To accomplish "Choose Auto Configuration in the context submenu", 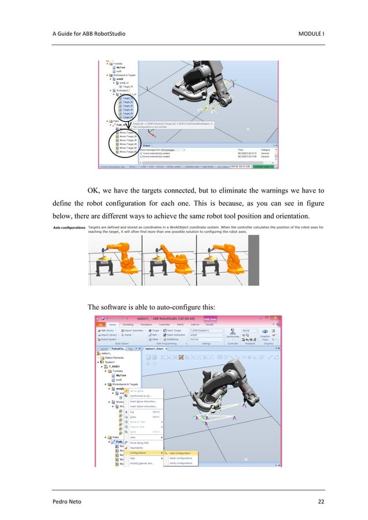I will pos(179,453).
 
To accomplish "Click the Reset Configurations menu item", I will pos(181,458).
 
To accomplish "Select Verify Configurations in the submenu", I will pos(181,464).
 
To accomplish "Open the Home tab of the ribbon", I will pos(112,324).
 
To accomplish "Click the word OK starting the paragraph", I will pos(93,191).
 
